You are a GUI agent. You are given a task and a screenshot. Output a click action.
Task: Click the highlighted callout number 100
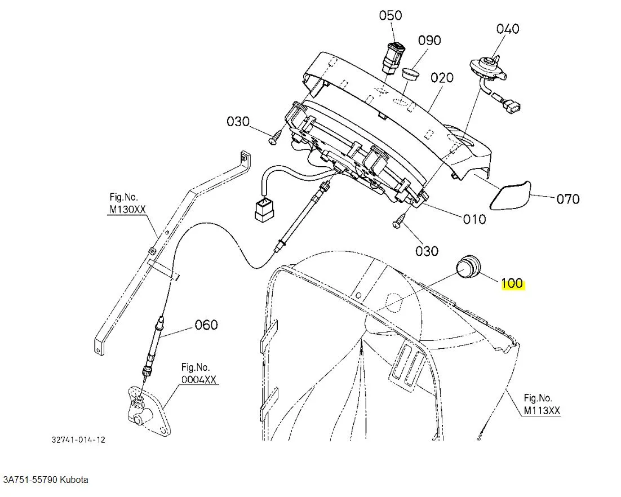512,283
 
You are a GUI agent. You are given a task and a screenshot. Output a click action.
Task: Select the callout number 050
390,15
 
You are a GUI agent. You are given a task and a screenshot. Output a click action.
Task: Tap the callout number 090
429,41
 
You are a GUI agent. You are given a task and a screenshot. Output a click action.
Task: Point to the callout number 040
507,28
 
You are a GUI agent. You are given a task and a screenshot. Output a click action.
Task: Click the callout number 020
442,77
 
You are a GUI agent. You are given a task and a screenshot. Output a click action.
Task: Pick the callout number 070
568,198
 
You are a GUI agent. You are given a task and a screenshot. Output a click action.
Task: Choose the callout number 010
474,219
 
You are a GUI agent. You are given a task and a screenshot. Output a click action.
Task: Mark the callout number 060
206,325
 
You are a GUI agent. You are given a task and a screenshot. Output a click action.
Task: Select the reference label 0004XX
198,380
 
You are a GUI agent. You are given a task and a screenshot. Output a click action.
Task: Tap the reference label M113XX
542,411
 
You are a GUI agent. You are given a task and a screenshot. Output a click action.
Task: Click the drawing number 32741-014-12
78,440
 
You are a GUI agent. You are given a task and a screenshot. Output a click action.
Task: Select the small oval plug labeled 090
411,74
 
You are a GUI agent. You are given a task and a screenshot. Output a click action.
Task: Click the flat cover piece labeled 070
511,194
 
